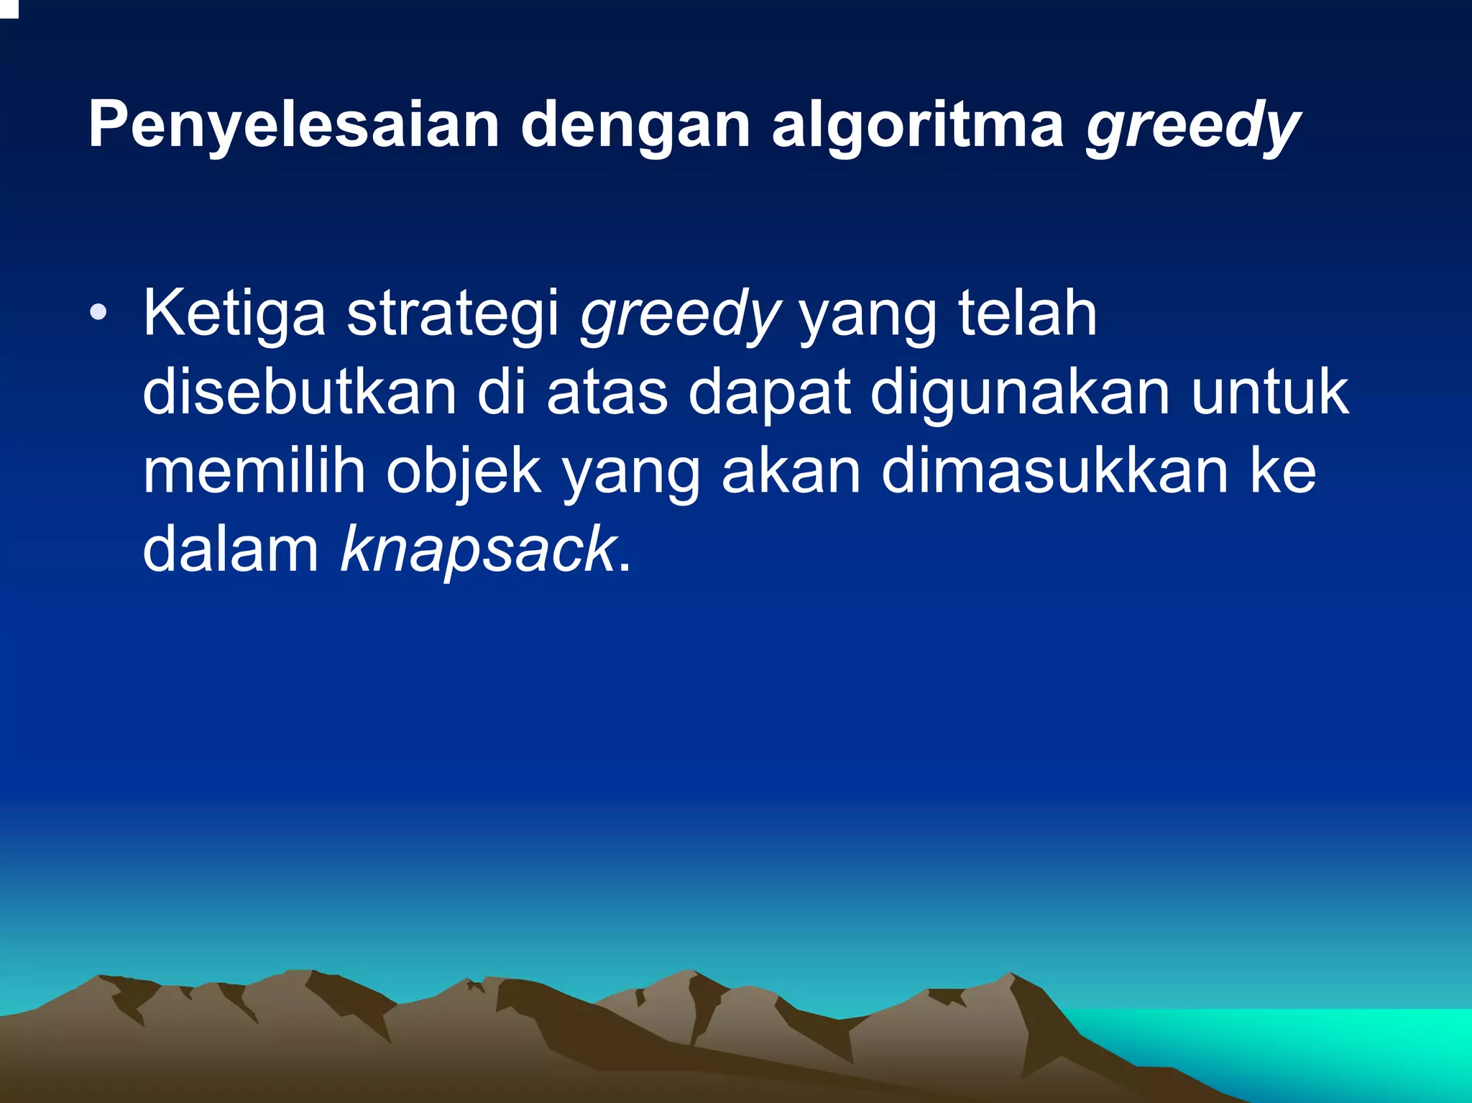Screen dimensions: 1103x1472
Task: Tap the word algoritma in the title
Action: (x=917, y=126)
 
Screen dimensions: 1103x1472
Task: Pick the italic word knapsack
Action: (x=478, y=550)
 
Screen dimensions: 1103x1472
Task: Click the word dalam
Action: (x=231, y=550)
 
